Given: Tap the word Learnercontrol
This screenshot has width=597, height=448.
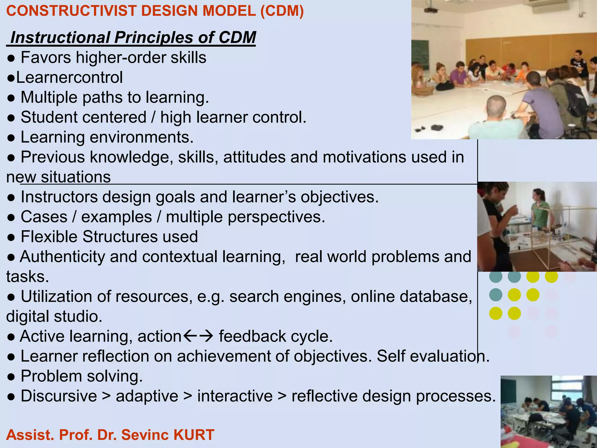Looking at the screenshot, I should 69,78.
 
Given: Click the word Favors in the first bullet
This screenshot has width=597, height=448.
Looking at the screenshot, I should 46,57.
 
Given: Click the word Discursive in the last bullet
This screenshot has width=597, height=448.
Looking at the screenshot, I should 59,396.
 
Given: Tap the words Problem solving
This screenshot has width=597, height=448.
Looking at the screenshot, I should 82,376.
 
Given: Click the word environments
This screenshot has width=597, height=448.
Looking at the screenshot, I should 141,137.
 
